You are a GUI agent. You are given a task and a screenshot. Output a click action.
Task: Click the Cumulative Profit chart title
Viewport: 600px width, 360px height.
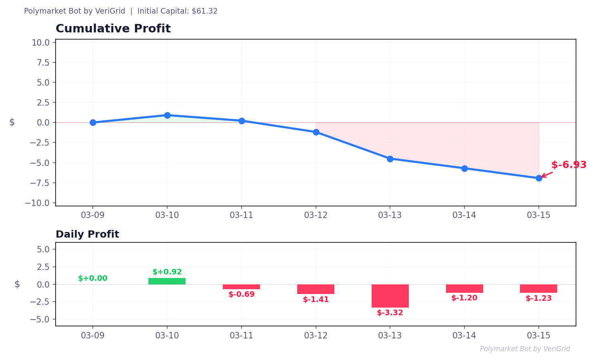[x=113, y=29]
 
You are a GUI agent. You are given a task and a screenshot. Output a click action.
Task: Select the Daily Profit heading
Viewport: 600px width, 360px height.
[x=87, y=234]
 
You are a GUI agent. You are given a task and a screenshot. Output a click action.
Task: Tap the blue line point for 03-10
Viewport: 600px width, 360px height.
[x=167, y=115]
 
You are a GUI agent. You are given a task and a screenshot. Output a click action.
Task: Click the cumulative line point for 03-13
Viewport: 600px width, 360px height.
[x=390, y=159]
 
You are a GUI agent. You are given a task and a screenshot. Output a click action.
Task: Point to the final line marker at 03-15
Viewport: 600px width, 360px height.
[x=539, y=178]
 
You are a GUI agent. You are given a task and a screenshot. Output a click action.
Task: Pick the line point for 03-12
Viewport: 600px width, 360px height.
[x=316, y=132]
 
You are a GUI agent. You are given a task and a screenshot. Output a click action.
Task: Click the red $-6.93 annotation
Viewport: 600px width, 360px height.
[x=568, y=165]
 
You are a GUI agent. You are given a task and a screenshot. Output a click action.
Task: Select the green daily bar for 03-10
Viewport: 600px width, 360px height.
[x=167, y=281]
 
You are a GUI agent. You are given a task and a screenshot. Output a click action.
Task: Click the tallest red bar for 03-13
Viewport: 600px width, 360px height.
[x=390, y=296]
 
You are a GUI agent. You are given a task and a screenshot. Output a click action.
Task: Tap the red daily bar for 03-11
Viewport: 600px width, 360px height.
[x=241, y=287]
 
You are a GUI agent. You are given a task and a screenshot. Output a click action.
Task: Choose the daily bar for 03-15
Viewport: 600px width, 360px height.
[x=538, y=288]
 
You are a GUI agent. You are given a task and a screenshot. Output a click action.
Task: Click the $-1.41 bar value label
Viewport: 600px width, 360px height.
[x=316, y=300]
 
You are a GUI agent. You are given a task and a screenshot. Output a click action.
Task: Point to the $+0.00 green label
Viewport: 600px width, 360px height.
[x=93, y=278]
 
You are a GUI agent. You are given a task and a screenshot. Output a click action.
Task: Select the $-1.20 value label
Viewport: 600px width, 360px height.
[x=464, y=298]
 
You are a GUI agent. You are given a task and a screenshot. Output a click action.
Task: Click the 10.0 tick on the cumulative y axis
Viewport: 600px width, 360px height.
[x=40, y=42]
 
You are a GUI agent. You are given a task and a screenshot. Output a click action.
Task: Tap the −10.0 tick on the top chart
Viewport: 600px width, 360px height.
[x=40, y=203]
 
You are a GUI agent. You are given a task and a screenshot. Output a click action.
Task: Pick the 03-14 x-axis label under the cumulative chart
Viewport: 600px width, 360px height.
[x=464, y=215]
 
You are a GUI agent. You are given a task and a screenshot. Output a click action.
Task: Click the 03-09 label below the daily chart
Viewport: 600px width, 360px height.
[x=93, y=336]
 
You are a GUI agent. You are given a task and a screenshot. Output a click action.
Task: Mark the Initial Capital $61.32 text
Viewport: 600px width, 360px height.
[x=178, y=11]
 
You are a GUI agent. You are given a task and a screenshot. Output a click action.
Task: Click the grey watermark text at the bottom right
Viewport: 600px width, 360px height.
[x=525, y=349]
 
